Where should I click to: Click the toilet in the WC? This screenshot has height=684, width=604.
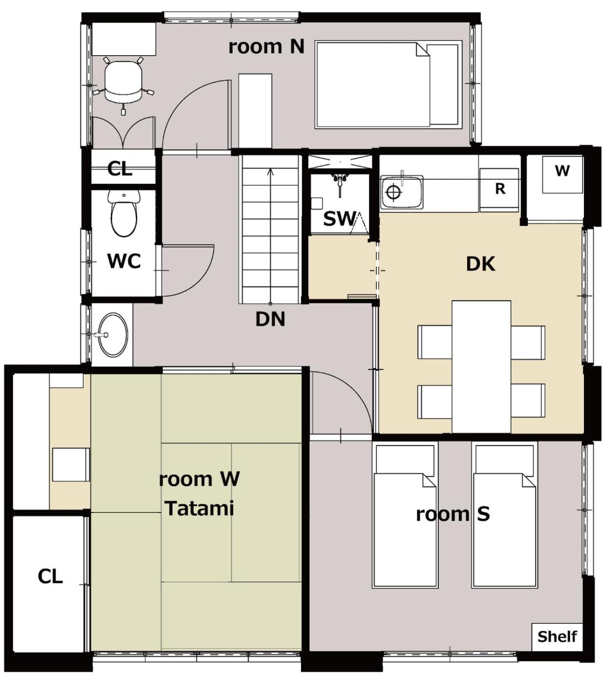(124, 213)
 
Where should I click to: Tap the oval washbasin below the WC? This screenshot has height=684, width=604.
(113, 335)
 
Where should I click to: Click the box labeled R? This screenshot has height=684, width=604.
(499, 190)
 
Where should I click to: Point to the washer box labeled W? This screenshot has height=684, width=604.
(562, 174)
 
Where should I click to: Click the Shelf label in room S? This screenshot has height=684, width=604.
(557, 637)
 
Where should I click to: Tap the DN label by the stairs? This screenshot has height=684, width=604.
(270, 319)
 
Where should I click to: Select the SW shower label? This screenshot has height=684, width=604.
(339, 218)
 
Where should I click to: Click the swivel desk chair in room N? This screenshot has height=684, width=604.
(123, 85)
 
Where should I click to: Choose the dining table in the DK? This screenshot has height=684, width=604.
(481, 366)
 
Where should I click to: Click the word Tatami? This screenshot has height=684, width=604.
(200, 509)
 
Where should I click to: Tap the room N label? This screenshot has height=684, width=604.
(266, 46)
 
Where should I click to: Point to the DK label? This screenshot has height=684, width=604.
(480, 264)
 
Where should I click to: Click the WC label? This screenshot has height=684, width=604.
(124, 261)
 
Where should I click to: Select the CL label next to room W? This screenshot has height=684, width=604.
(50, 576)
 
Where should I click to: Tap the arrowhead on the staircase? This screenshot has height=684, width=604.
(270, 171)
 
